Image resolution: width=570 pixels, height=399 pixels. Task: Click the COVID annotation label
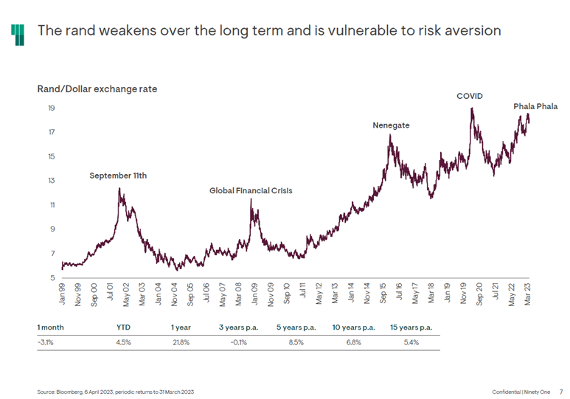[469, 96]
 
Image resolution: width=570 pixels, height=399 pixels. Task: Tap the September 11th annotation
[118, 176]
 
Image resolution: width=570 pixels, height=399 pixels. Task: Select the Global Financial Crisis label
[251, 190]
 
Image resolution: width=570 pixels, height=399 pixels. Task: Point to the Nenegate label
[391, 125]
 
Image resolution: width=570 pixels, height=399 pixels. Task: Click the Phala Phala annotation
[535, 106]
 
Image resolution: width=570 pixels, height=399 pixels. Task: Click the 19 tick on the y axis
[52, 108]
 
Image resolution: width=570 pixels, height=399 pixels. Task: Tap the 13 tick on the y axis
[52, 181]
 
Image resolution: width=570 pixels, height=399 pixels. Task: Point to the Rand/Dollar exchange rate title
[97, 89]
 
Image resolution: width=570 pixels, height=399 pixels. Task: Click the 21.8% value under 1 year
[181, 341]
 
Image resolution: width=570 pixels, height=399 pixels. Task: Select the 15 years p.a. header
[411, 326]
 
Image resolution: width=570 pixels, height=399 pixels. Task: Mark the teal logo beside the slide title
[18, 32]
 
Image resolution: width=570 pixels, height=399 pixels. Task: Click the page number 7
[560, 390]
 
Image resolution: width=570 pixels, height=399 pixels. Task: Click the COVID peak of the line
[471, 108]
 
